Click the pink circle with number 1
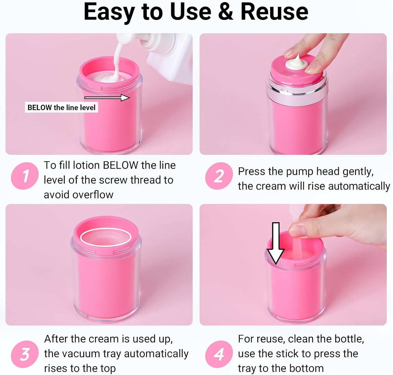(25, 176)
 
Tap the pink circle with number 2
(219, 176)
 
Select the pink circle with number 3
(25, 354)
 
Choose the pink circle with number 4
(219, 354)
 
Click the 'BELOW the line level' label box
(61, 107)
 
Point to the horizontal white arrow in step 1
(107, 98)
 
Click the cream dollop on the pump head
(296, 64)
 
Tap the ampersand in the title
(225, 12)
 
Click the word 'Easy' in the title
(109, 12)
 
